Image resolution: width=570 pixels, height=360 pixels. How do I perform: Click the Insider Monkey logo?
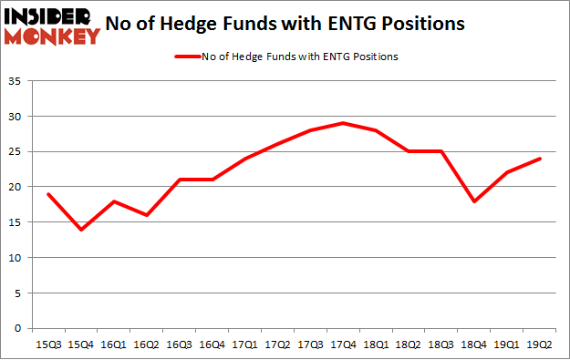[52, 26]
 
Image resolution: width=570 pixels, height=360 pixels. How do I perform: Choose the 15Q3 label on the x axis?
[47, 345]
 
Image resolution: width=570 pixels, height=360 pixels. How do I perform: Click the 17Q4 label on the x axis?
[342, 345]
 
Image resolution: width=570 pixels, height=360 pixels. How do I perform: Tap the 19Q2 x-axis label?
[538, 345]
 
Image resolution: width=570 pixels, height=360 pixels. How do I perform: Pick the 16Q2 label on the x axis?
[146, 345]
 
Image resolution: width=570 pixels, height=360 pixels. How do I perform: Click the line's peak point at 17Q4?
[342, 123]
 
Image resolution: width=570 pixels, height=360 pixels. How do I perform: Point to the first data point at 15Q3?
[47, 194]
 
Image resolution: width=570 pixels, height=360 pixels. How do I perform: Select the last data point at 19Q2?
[538, 159]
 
